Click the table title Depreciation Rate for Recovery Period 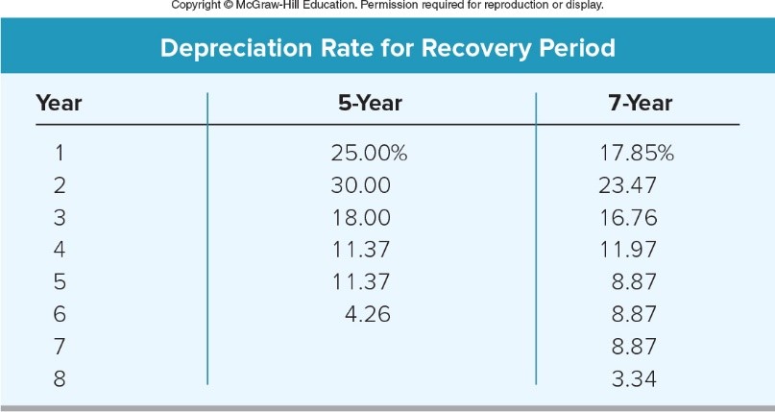pyautogui.click(x=387, y=47)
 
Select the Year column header pyautogui.click(x=59, y=103)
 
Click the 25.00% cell pyautogui.click(x=370, y=151)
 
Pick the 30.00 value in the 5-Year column pyautogui.click(x=361, y=183)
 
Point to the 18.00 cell pyautogui.click(x=361, y=216)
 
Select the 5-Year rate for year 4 pyautogui.click(x=361, y=249)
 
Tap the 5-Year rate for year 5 pyautogui.click(x=361, y=281)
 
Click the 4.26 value pyautogui.click(x=367, y=313)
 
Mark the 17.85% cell pyautogui.click(x=637, y=151)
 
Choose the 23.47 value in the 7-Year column pyautogui.click(x=627, y=183)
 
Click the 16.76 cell pyautogui.click(x=627, y=216)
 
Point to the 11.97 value pyautogui.click(x=627, y=249)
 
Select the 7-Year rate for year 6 pyautogui.click(x=633, y=313)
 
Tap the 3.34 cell pyautogui.click(x=633, y=378)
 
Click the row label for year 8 pyautogui.click(x=60, y=378)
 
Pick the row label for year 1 pyautogui.click(x=60, y=151)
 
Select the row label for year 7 pyautogui.click(x=60, y=346)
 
